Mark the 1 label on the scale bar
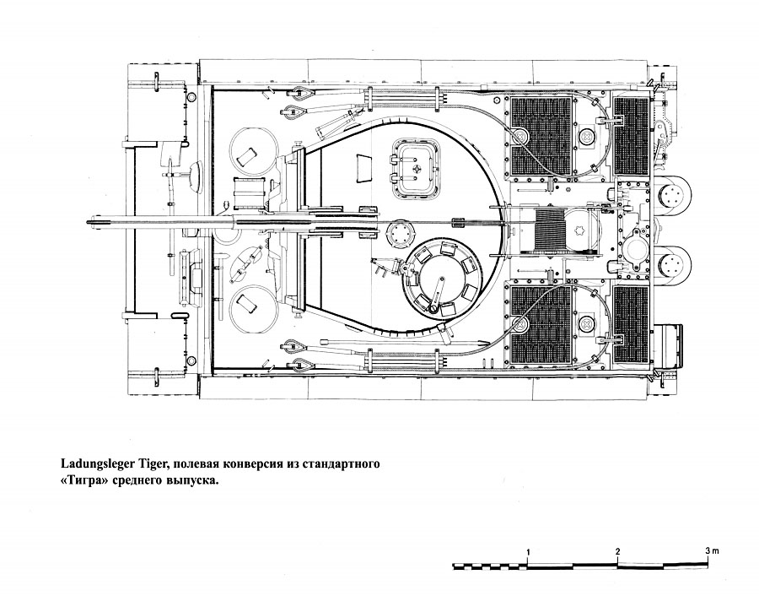point(529,551)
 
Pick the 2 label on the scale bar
point(618,551)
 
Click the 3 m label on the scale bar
point(712,551)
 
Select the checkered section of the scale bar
point(489,564)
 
